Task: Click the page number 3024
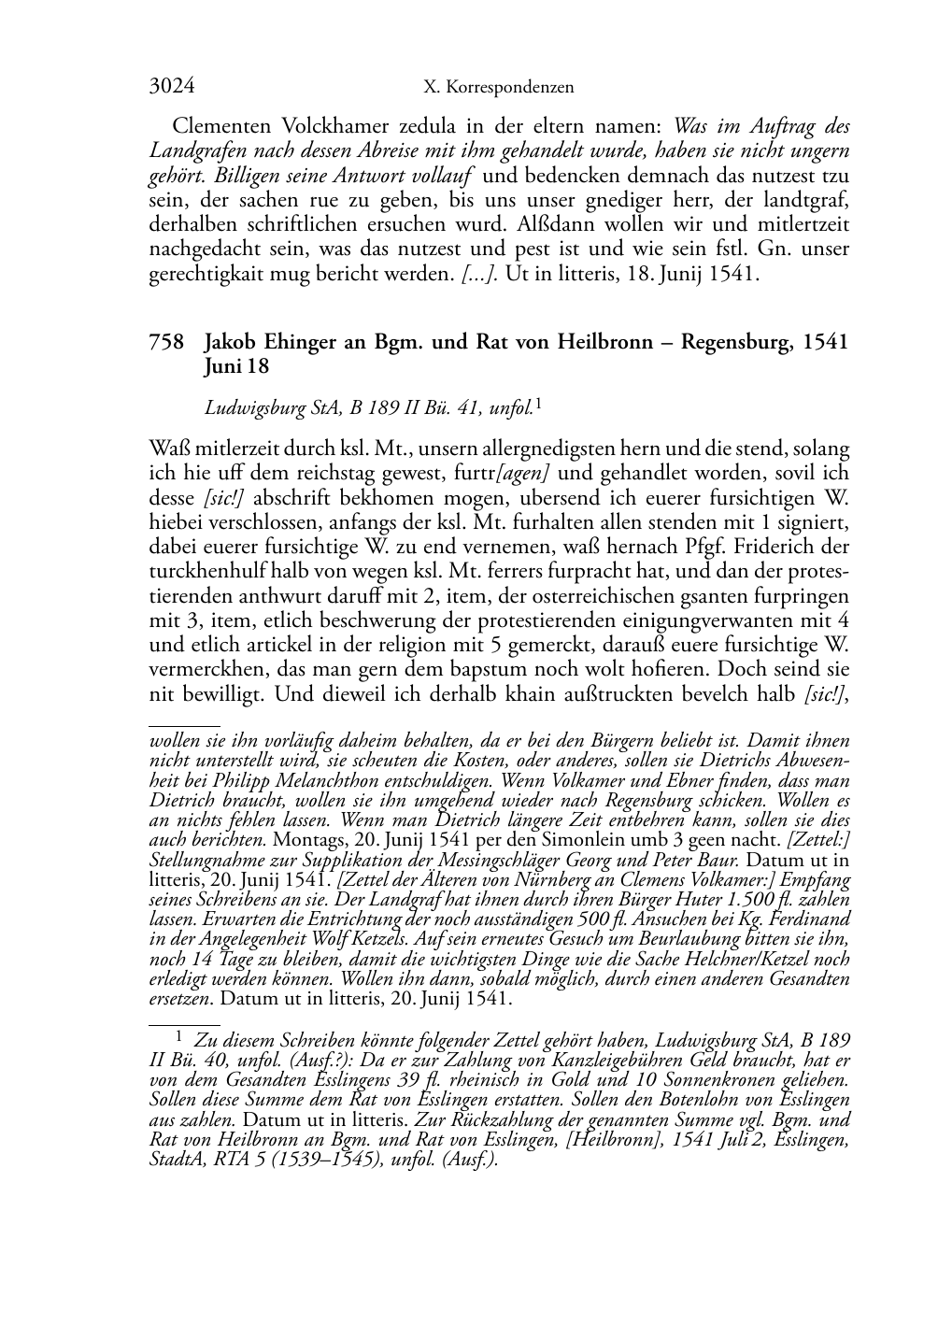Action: pos(172,87)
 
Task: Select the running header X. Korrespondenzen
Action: pos(498,88)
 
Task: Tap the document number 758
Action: pos(165,342)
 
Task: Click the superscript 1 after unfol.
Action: pos(539,405)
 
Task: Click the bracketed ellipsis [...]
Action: pos(480,276)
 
